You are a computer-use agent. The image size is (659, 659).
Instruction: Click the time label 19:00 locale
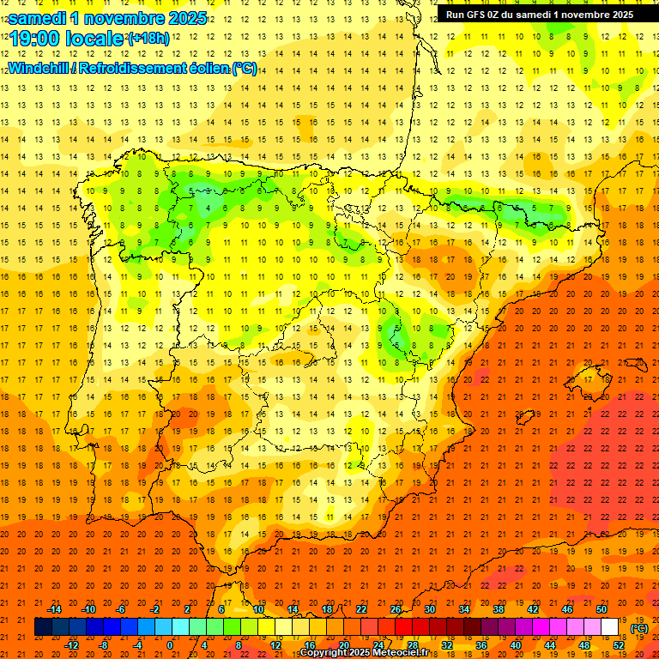point(67,39)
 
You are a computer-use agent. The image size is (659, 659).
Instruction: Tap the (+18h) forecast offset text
point(148,38)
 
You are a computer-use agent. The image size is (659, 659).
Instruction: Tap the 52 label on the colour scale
point(618,645)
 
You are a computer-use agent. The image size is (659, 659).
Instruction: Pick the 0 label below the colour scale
point(170,645)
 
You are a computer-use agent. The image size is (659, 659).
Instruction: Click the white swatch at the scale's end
point(609,627)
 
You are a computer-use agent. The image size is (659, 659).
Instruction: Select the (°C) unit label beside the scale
point(638,628)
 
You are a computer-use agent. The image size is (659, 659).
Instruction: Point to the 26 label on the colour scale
point(396,609)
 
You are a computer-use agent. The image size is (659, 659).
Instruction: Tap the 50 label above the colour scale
point(602,609)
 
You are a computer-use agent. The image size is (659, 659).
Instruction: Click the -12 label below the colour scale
point(72,645)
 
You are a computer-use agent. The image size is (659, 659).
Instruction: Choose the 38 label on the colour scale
point(499,609)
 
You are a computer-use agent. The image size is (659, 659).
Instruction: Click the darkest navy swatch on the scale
point(43,627)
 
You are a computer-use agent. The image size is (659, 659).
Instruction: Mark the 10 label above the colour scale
point(258,609)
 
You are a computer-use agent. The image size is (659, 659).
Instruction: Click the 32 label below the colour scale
point(447,645)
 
